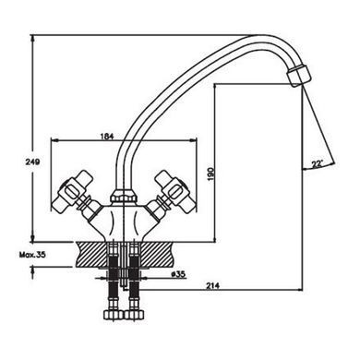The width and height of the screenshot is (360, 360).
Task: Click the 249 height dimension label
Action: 32,162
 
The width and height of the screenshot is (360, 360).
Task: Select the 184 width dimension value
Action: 107,137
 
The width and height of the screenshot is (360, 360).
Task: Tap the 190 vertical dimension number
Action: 210,174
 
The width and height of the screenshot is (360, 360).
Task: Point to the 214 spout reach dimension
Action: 212,286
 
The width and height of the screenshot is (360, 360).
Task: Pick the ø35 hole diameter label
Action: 178,274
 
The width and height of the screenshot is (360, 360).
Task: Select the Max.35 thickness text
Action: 32,255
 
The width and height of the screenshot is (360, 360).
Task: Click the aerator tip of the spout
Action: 299,75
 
